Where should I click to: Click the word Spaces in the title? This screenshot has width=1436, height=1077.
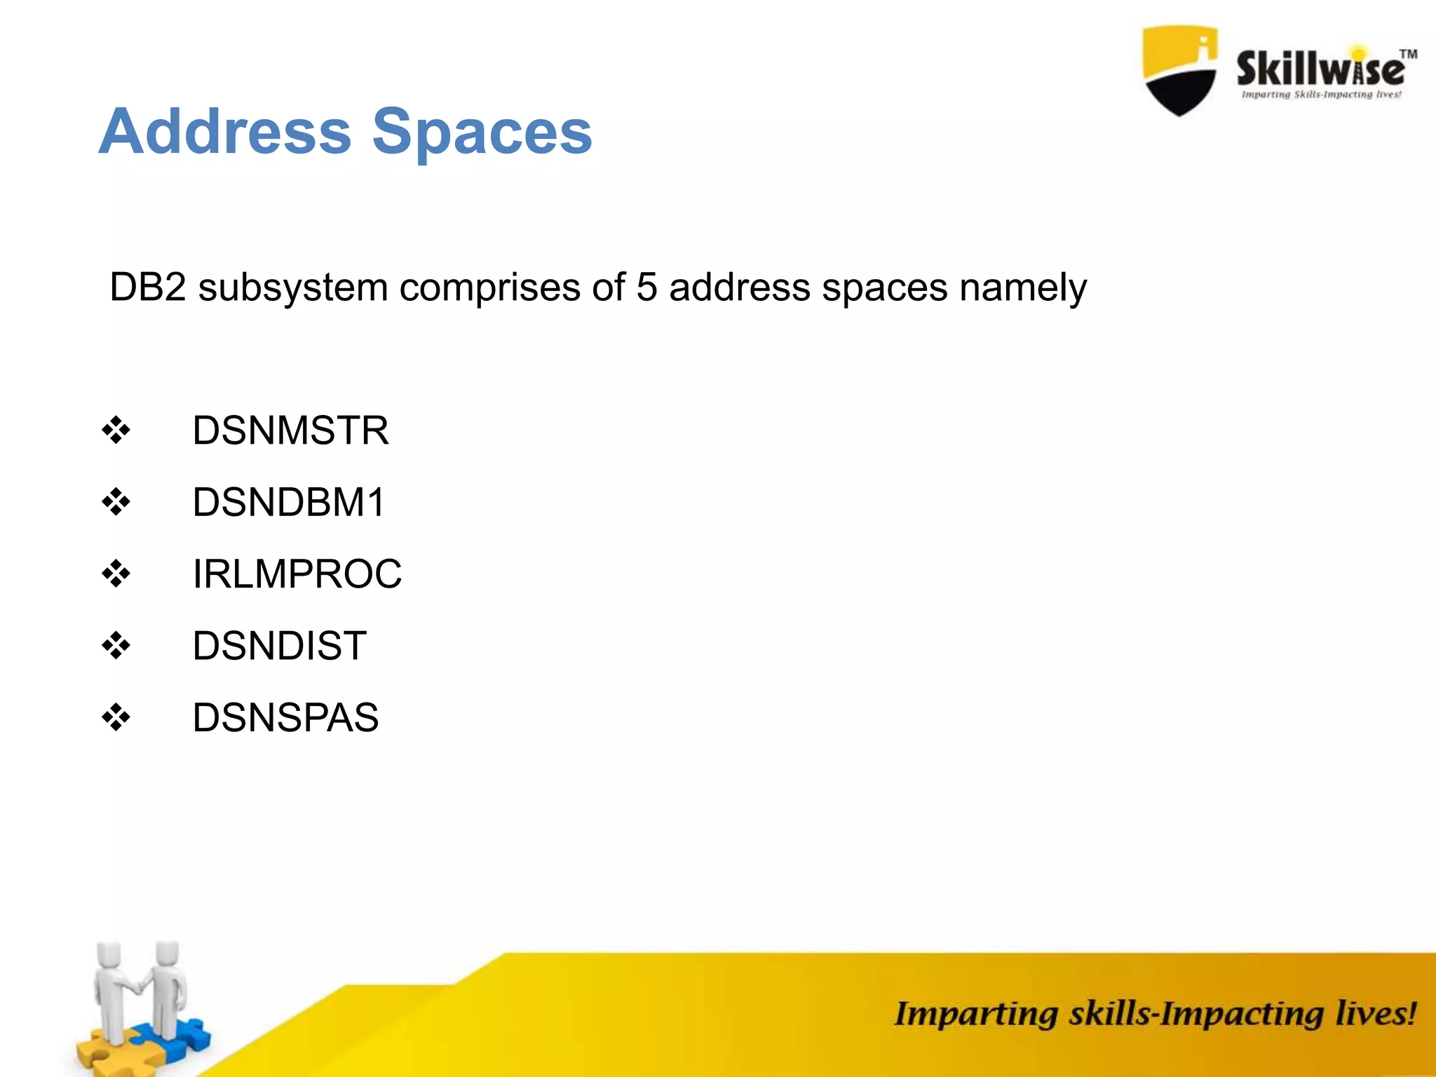(x=482, y=133)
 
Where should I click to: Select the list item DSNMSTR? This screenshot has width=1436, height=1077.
(x=290, y=431)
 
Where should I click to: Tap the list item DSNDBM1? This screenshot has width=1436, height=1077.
(x=288, y=502)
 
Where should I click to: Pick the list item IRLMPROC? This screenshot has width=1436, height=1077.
(x=297, y=574)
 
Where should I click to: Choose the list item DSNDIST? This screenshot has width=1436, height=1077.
(x=279, y=646)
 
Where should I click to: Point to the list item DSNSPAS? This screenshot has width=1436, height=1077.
(x=285, y=717)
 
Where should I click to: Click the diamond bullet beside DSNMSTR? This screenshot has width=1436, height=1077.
(x=116, y=431)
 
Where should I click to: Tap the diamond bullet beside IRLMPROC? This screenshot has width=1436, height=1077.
(x=116, y=574)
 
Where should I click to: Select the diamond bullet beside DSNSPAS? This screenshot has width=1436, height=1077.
(x=116, y=717)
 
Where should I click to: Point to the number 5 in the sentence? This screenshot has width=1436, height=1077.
(x=646, y=287)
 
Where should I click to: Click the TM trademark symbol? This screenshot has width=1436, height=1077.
(x=1408, y=54)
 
